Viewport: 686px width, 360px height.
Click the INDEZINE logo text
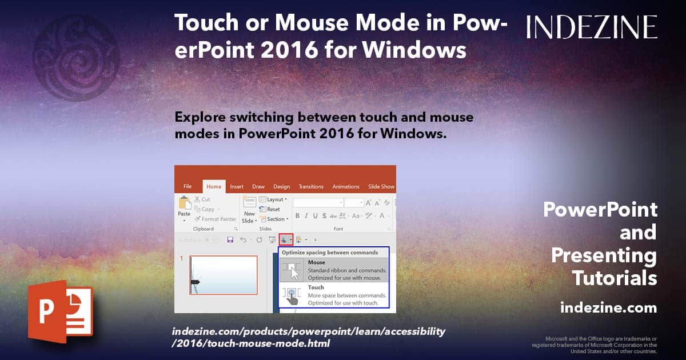(x=592, y=27)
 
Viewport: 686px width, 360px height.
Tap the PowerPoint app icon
(x=60, y=314)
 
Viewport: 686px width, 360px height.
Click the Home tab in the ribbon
(x=214, y=186)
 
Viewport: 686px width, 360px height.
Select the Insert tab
(x=237, y=186)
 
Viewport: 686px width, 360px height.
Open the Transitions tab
(x=311, y=186)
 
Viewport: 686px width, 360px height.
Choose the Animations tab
(x=346, y=186)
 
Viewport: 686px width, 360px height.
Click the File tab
(x=188, y=186)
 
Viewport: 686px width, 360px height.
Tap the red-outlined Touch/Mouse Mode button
(x=286, y=239)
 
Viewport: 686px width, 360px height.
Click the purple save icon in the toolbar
(x=230, y=239)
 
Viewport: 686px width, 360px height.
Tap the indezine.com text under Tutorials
(x=608, y=308)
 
